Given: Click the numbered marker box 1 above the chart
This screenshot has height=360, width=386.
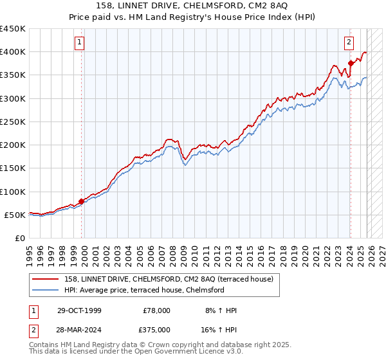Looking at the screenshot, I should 79,43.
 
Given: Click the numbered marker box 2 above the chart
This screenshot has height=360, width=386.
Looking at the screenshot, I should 348,43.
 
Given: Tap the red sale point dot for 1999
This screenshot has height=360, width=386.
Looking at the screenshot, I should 82,201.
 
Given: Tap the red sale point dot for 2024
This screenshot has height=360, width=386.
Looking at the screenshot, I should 351,63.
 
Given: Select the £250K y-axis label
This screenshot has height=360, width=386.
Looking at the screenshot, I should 13,122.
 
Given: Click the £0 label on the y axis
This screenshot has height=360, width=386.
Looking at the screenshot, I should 19,238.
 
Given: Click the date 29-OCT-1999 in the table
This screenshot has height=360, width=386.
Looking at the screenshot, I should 83,310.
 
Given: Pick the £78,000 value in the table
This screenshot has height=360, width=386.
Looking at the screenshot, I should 156,310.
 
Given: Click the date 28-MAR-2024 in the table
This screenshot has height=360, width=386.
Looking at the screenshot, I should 83,329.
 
